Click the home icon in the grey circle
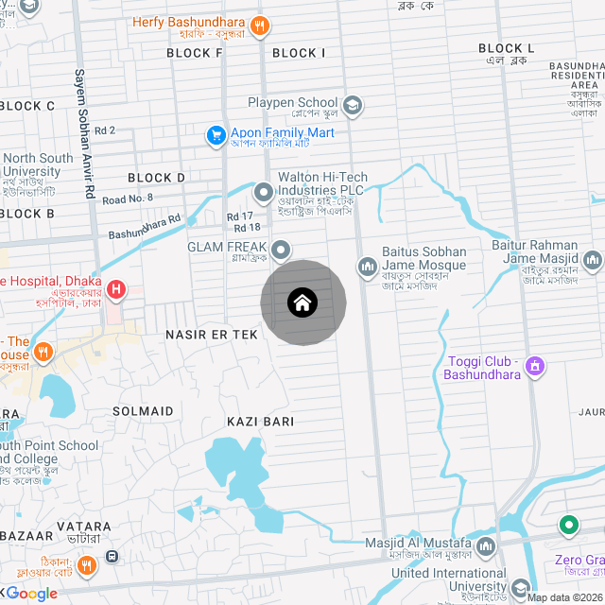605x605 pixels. click(302, 303)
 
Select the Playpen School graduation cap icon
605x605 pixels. click(353, 104)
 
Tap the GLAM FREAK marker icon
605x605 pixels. click(281, 250)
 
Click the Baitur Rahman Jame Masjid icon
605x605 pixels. click(593, 259)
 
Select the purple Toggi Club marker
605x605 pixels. click(535, 365)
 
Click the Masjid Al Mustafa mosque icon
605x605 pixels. click(486, 546)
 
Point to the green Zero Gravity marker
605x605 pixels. click(569, 525)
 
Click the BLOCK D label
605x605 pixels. click(156, 178)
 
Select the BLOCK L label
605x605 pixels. click(506, 48)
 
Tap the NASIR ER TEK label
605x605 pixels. click(212, 335)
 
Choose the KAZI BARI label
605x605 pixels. click(260, 421)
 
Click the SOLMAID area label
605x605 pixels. click(143, 411)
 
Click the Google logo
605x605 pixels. click(32, 594)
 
